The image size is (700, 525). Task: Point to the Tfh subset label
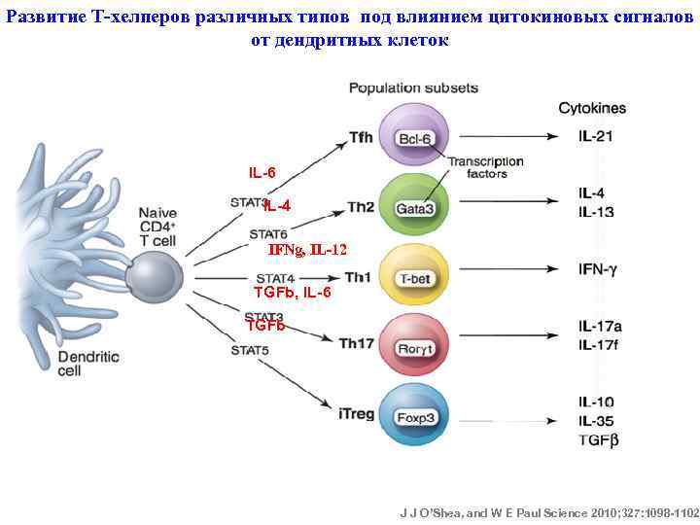coord(361,137)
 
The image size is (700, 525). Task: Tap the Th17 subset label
coord(356,343)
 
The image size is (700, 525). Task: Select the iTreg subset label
coord(356,413)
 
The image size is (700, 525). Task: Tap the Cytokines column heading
coord(591,108)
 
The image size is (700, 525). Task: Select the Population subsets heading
coord(413,88)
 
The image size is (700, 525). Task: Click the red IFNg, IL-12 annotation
coord(307,250)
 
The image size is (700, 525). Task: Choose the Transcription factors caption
coord(486,167)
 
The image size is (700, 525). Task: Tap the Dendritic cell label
coord(88,363)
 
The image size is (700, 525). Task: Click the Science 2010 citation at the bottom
coord(549,510)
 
